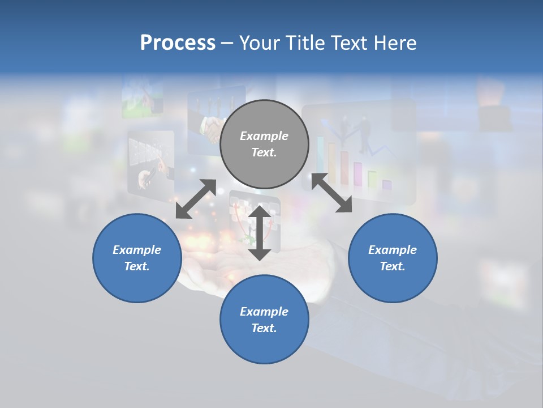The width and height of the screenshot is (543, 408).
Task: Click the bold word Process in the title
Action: tap(178, 43)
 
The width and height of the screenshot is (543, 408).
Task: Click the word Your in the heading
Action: tap(258, 43)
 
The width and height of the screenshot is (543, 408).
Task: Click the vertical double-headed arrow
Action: tap(260, 232)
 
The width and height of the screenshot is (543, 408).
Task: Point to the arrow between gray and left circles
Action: tap(196, 199)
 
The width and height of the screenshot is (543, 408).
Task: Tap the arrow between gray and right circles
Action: tap(331, 193)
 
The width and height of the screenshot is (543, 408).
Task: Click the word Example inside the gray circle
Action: tap(264, 136)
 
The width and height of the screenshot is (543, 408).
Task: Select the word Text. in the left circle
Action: tap(137, 266)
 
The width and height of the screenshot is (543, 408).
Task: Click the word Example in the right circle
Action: tap(393, 250)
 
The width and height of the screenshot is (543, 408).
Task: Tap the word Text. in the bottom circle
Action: tap(264, 328)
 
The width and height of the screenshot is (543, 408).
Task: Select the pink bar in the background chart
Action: tap(358, 175)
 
